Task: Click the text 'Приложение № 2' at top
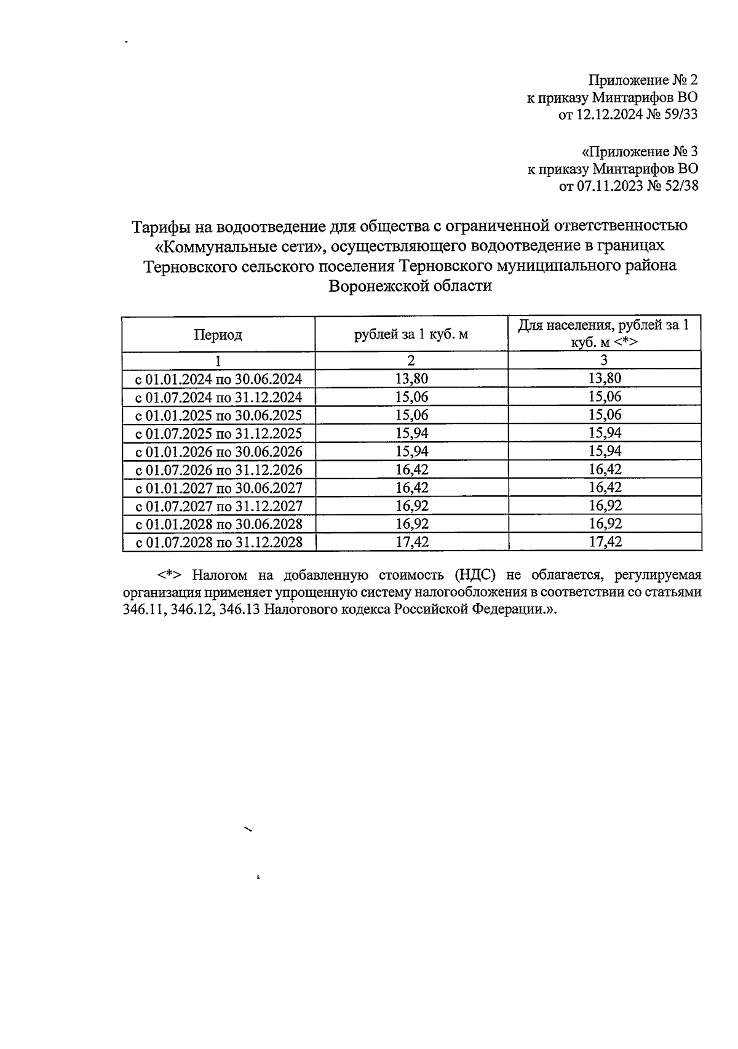(x=643, y=81)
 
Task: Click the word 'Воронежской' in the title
(x=379, y=286)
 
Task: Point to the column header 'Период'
(x=218, y=335)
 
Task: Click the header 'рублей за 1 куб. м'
(x=411, y=335)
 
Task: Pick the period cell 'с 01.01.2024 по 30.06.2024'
(x=219, y=379)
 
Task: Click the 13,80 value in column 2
(x=411, y=378)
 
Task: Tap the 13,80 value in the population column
(x=605, y=378)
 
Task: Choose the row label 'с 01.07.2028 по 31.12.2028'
(x=219, y=543)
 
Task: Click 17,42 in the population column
(x=605, y=542)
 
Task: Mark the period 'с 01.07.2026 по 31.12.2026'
(x=219, y=470)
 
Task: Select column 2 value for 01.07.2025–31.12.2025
(x=411, y=433)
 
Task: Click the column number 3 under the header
(x=605, y=361)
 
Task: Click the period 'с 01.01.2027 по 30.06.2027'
(x=219, y=489)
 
